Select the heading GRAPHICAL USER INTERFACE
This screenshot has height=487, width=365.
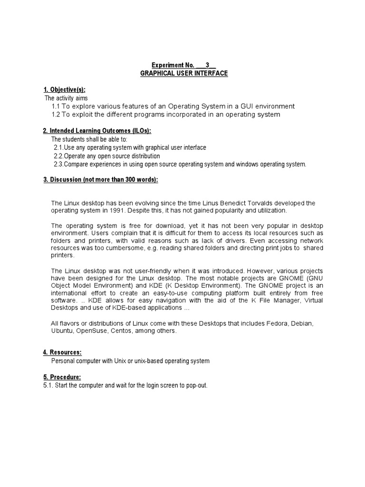point(184,73)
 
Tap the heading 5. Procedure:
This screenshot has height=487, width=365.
point(62,377)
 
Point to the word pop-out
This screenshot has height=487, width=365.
point(197,385)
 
